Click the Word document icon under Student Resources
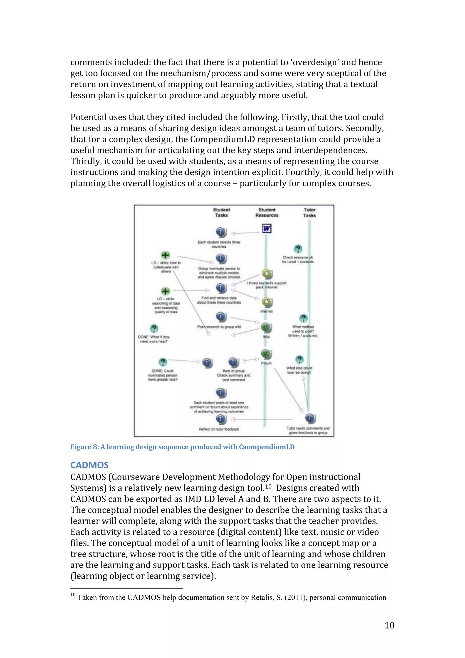click(267, 228)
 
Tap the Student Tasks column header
click(221, 212)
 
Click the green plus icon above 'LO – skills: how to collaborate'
click(165, 255)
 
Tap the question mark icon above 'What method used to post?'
click(303, 318)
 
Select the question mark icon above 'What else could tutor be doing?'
click(299, 359)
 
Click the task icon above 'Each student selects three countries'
click(221, 232)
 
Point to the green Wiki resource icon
click(266, 327)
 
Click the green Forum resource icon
click(266, 354)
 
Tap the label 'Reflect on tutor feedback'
click(219, 429)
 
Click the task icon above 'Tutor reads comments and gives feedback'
click(310, 418)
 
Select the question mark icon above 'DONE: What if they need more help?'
click(154, 328)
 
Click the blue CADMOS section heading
click(89, 465)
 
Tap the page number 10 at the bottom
click(389, 625)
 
